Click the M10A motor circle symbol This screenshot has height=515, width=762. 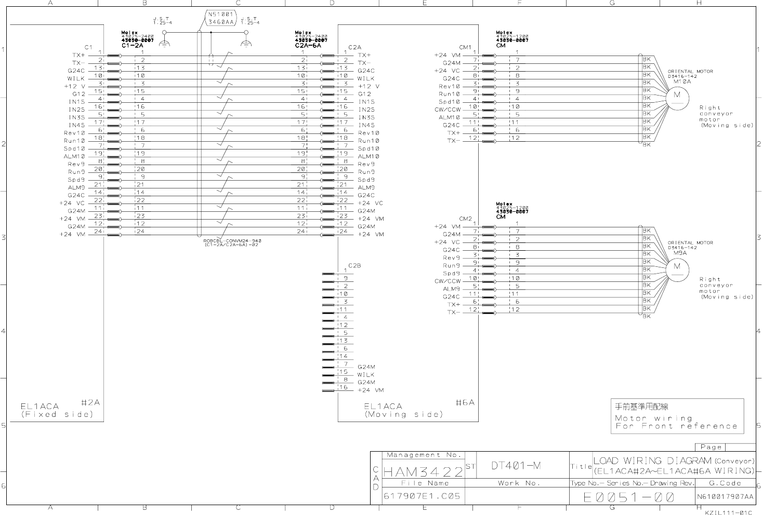click(677, 96)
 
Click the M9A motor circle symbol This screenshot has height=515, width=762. click(677, 268)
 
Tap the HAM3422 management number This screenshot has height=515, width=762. click(423, 472)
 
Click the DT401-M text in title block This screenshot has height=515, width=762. click(516, 466)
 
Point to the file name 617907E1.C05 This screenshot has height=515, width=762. click(422, 496)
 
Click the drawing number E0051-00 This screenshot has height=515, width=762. click(629, 497)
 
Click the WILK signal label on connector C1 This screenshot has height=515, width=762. click(76, 78)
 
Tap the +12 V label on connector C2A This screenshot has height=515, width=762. click(369, 86)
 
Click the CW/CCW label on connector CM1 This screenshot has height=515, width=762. click(448, 110)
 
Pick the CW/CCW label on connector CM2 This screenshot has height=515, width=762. click(448, 281)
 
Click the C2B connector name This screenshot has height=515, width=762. click(354, 265)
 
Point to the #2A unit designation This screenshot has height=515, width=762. click(90, 402)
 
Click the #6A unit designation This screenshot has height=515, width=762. click(465, 402)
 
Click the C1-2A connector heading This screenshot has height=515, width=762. click(132, 45)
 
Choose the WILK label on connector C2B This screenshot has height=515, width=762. click(366, 374)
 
